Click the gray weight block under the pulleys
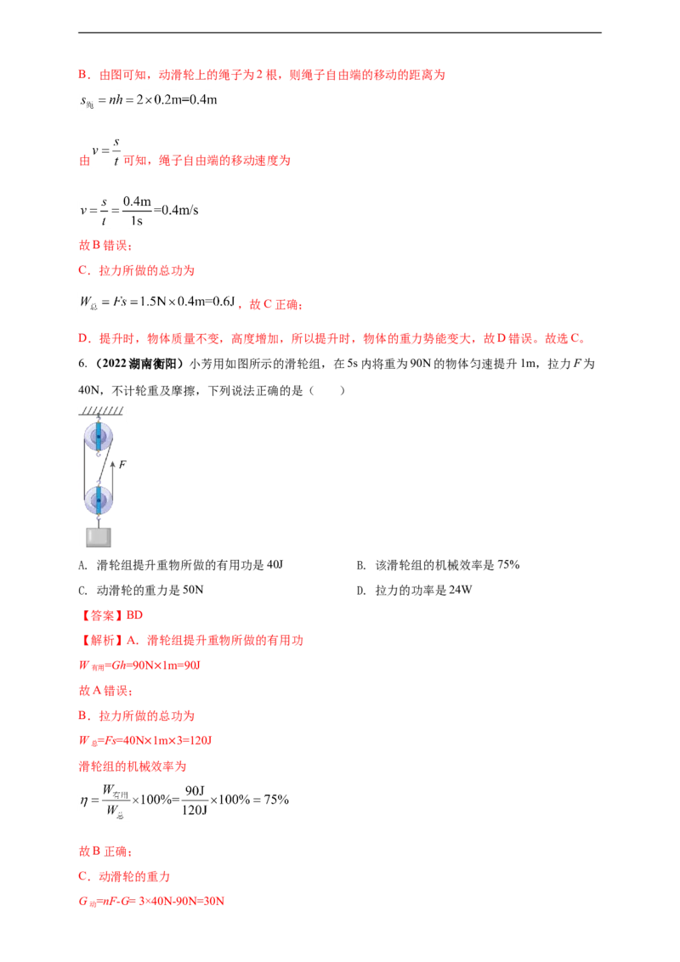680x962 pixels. [x=99, y=537]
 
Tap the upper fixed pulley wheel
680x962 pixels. [x=99, y=437]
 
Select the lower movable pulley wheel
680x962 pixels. [x=99, y=501]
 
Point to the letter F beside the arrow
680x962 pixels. [x=122, y=465]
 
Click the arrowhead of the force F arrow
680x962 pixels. [x=113, y=466]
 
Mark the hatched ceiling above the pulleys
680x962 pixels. [x=100, y=410]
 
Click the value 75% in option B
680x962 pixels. [x=508, y=564]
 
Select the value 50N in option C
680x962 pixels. [x=193, y=590]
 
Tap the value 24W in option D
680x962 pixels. [x=461, y=590]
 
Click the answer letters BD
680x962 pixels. [x=134, y=614]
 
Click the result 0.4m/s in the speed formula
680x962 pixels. [x=180, y=210]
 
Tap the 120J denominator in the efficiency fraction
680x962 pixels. [x=195, y=810]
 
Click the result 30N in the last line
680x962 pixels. [x=212, y=902]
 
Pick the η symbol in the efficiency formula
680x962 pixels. [x=84, y=801]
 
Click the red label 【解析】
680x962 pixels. [x=101, y=641]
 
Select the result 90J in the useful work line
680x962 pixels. [x=192, y=665]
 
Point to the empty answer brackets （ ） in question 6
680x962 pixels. [x=327, y=390]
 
